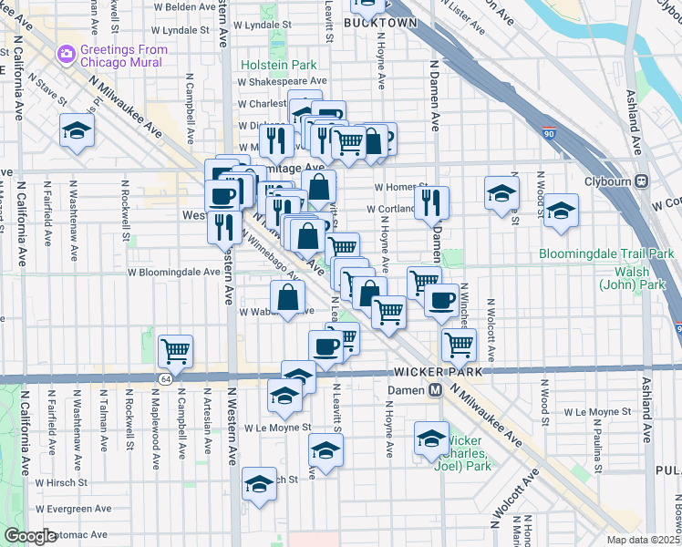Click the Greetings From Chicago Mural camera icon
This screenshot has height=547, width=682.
coord(67,55)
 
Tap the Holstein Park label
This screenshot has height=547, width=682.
coord(278,66)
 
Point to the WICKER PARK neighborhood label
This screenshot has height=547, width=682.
coord(432,373)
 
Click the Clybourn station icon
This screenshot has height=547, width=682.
coord(642,181)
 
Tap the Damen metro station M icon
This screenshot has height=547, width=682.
coord(436,389)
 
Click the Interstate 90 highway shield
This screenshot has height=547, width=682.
coord(548,133)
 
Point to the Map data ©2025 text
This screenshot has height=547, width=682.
coord(643,540)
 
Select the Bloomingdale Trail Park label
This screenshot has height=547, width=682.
coord(605,253)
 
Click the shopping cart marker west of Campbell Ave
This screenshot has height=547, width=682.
coord(175,351)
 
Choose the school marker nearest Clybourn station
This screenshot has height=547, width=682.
coord(562,211)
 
